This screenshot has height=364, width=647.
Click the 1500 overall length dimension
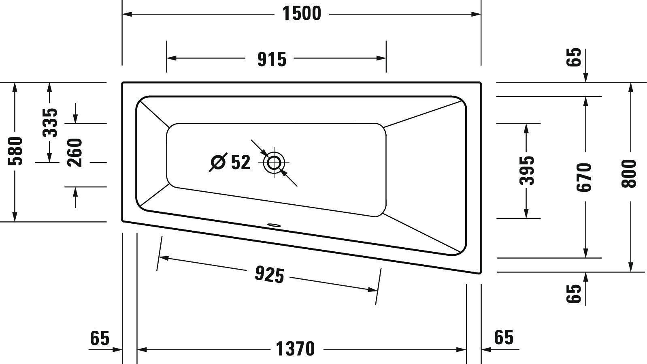click(302, 13)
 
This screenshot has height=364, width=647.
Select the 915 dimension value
click(272, 59)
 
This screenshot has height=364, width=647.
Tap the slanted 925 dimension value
click(269, 275)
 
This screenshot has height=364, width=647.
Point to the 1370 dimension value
click(295, 349)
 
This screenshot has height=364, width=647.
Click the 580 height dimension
click(16, 151)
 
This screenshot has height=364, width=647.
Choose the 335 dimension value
click(51, 122)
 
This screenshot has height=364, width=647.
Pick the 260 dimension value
click(75, 152)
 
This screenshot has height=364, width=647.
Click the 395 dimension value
click(527, 170)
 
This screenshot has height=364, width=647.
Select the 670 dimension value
click(585, 177)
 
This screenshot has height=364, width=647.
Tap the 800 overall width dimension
click(629, 173)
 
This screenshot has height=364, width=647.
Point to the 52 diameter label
click(240, 163)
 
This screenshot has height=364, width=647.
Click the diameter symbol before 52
click(218, 163)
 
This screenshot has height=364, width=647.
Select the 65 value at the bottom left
click(100, 338)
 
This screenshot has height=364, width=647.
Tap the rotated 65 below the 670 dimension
click(574, 293)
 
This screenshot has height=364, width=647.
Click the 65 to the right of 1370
click(504, 337)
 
